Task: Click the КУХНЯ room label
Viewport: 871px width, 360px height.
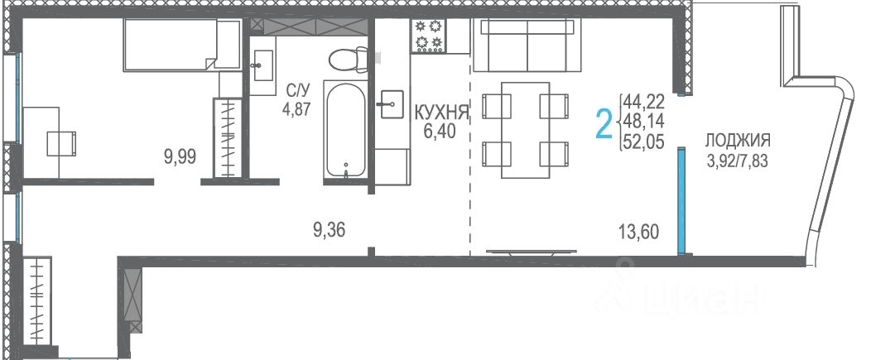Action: (442, 113)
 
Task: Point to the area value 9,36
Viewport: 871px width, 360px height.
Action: (329, 229)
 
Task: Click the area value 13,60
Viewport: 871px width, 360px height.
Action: (639, 231)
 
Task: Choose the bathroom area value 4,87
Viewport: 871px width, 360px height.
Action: (296, 108)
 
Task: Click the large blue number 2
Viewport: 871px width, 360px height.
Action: (604, 124)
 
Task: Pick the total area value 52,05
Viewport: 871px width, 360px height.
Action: (644, 143)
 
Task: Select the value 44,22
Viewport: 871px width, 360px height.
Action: (644, 102)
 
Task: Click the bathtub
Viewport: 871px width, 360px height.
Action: (345, 129)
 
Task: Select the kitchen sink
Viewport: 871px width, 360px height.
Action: (392, 104)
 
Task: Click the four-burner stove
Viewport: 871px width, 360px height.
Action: (428, 36)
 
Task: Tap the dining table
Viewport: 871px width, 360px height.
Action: (526, 130)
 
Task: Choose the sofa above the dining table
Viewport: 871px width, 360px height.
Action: (527, 45)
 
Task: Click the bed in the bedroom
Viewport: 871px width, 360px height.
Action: (182, 45)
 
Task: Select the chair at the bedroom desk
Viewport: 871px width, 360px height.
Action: (61, 143)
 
